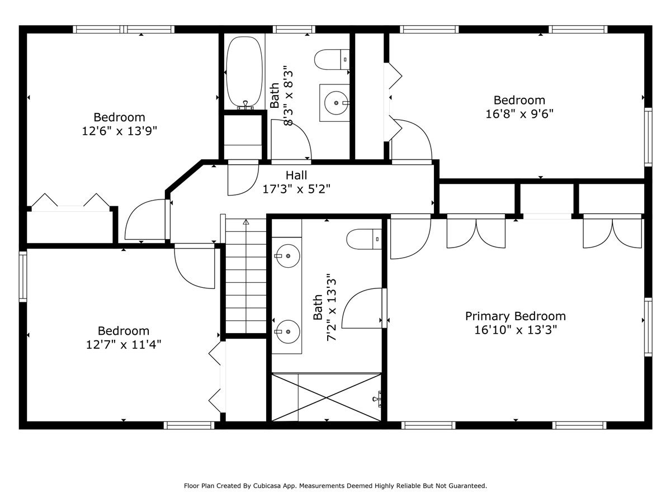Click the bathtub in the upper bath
(x=244, y=72)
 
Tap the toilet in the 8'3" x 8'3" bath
(x=332, y=59)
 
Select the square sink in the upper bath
(x=335, y=103)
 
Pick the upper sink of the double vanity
(x=286, y=256)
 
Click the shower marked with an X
(x=326, y=397)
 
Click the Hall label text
(x=296, y=175)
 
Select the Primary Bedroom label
(x=515, y=316)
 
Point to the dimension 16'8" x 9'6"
(x=519, y=113)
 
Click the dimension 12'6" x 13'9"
(x=119, y=131)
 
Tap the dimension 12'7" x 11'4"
(x=123, y=344)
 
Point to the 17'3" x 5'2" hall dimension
(x=296, y=189)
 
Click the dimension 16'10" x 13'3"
(x=515, y=330)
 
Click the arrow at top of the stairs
(x=246, y=222)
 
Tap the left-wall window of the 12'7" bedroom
(x=23, y=277)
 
